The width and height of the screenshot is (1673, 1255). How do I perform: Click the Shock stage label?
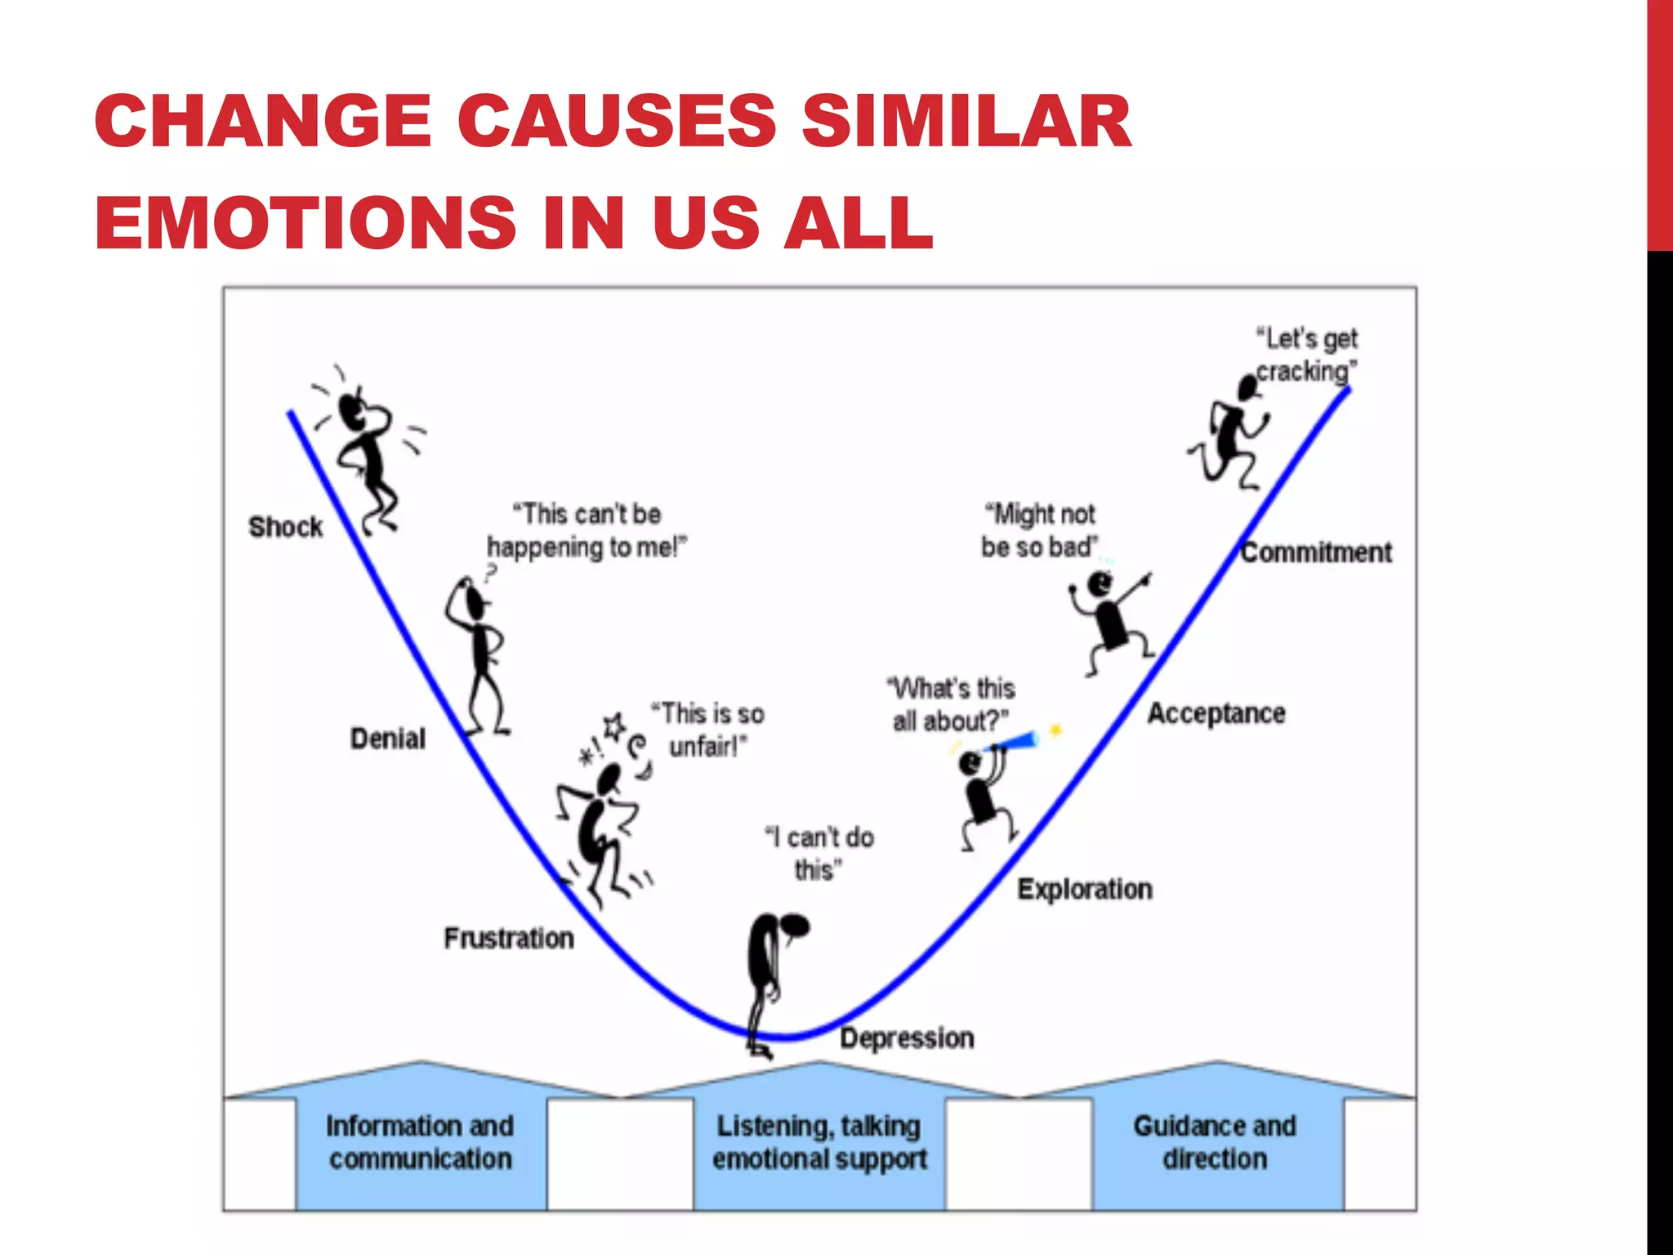click(285, 528)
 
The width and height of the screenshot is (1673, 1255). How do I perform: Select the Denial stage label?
click(388, 739)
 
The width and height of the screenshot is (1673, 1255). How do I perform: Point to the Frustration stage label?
click(509, 938)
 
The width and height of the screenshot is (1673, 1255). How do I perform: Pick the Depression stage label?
click(908, 1038)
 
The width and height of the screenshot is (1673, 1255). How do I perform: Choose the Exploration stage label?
click(1085, 889)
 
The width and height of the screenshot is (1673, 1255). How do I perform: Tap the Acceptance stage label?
click(1216, 713)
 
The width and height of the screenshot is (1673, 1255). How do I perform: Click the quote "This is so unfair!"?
click(707, 730)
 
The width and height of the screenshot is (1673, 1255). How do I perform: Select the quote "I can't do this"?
click(819, 853)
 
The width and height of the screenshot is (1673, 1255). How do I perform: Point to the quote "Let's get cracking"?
click(1307, 355)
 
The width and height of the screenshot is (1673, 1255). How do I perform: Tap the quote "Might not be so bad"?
click(1039, 530)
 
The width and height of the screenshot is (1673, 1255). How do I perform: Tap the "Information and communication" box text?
click(420, 1142)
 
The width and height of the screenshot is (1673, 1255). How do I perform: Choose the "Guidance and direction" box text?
click(1215, 1142)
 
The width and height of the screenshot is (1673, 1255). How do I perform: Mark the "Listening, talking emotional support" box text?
click(819, 1142)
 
